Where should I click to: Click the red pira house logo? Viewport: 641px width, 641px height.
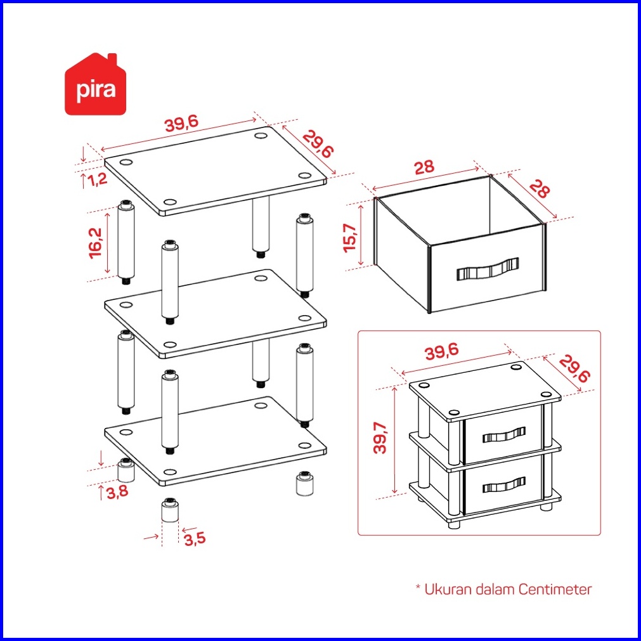95,84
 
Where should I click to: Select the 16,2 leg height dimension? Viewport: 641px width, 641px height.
96,243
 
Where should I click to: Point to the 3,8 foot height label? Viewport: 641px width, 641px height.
118,491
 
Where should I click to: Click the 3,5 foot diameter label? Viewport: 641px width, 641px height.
195,539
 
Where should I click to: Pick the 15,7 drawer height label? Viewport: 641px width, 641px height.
351,238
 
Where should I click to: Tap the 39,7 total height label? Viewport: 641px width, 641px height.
380,438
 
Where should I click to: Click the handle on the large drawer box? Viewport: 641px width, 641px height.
488,269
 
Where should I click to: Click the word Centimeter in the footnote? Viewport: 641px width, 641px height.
555,590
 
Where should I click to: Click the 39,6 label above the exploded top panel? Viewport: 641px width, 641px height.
181,123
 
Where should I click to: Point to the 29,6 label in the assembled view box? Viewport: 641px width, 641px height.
574,369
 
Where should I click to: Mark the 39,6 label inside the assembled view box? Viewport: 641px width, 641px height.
442,352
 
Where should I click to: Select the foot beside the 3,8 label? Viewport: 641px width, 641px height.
126,470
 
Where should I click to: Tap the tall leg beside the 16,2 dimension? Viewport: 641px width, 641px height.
126,242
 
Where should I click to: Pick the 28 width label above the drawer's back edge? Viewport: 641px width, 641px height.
424,167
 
